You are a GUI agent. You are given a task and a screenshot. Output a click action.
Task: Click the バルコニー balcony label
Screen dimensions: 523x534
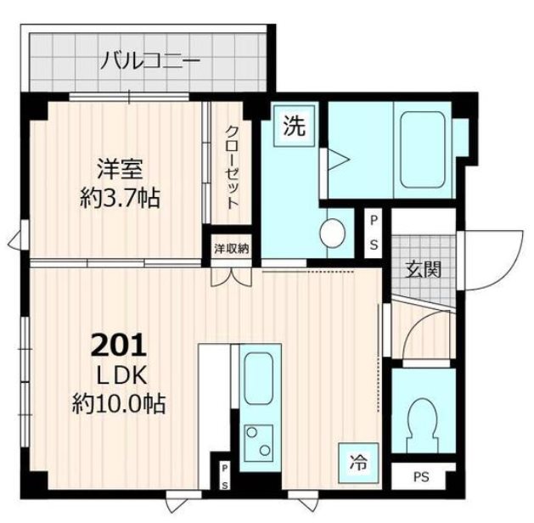pos(150,60)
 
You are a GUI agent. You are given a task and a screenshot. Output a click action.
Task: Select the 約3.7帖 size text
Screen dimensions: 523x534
pos(118,200)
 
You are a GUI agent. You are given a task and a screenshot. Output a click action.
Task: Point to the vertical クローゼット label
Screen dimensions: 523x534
pos(232,168)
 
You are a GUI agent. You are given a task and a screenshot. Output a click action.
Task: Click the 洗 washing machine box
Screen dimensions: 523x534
pos(294,128)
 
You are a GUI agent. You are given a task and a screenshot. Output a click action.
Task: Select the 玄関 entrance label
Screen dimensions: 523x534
pos(423,271)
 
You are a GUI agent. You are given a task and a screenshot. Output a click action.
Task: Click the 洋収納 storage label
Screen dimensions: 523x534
pos(230,249)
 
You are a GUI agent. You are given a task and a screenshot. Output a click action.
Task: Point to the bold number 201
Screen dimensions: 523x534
pos(118,346)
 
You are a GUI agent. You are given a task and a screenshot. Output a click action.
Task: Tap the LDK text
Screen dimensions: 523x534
pos(118,374)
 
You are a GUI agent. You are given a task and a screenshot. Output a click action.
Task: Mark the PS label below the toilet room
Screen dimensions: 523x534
pos(422,478)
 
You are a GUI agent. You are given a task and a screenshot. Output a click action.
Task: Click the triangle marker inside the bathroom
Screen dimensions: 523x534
pos(338,159)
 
